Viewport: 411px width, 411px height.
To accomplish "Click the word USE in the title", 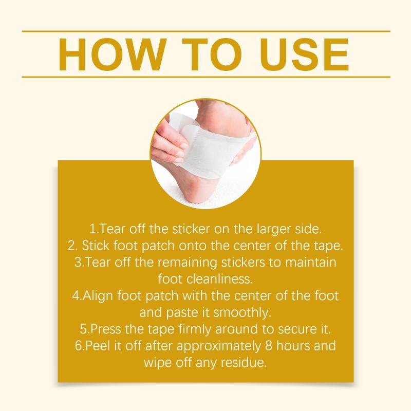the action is coord(304,54).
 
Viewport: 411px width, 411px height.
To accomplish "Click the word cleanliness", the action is coord(220,279).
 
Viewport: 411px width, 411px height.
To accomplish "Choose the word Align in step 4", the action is coord(98,296).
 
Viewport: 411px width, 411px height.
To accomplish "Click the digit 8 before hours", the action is coord(269,346).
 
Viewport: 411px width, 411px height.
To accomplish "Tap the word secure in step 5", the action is coord(297,329).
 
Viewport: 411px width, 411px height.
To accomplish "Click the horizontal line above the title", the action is coord(206,31).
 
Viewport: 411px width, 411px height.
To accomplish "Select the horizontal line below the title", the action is coord(206,77).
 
